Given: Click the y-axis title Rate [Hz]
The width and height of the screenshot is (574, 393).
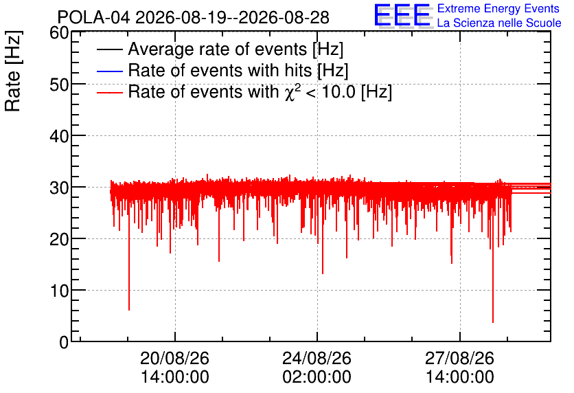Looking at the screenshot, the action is click(x=13, y=71).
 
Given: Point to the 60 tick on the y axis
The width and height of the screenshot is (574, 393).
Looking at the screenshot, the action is click(x=59, y=33).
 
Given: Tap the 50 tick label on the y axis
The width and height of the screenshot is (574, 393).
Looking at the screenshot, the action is click(x=59, y=85).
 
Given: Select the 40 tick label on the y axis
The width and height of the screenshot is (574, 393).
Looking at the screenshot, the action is click(x=59, y=136).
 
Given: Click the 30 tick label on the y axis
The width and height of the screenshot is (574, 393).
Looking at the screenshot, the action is click(x=59, y=188).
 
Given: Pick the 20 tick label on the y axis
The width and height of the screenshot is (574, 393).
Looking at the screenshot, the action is click(x=59, y=240).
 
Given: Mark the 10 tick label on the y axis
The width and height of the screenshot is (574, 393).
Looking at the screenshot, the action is click(x=59, y=291).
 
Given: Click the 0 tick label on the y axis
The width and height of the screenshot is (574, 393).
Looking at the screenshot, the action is click(x=64, y=342).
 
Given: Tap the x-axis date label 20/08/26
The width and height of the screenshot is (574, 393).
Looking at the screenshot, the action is click(x=174, y=358).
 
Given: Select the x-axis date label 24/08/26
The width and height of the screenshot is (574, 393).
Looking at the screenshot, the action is click(x=317, y=358).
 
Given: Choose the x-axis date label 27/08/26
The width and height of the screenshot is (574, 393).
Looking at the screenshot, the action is click(x=459, y=358).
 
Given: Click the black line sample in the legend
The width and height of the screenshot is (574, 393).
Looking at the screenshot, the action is click(x=109, y=49).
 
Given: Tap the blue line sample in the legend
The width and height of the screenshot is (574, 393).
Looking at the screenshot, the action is click(x=109, y=71).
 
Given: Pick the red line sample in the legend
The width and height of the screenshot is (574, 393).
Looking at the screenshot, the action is click(x=109, y=92).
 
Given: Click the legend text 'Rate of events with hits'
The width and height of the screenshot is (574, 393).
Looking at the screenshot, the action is click(x=220, y=70).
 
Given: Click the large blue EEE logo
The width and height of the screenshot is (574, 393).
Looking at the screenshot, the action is click(x=402, y=15).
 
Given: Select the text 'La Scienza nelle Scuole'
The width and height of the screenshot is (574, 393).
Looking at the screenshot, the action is click(x=499, y=23).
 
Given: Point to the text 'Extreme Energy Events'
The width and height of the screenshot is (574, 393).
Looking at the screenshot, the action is click(x=498, y=8).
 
